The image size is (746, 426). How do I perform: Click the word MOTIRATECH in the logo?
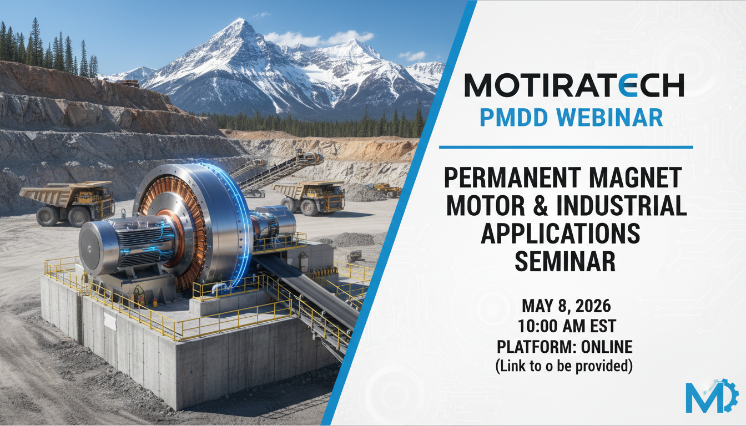pos(574,85)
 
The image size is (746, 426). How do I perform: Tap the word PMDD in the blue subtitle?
pos(514,118)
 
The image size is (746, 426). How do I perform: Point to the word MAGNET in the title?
pos(636,177)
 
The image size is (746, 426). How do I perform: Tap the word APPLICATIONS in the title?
pos(561,234)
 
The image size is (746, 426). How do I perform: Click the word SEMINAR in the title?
pos(565,261)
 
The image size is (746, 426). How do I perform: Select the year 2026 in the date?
pos(593,306)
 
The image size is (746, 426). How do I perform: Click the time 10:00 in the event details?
pos(537,326)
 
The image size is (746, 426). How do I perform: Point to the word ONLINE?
pos(607,347)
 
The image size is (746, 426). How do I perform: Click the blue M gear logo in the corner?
pos(707,395)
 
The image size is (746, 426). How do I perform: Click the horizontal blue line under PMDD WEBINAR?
pos(566,147)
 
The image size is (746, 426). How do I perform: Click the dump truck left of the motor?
pos(68,202)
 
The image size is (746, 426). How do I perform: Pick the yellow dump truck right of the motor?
pos(309,197)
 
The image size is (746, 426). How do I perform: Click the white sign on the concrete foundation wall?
pos(110,321)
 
